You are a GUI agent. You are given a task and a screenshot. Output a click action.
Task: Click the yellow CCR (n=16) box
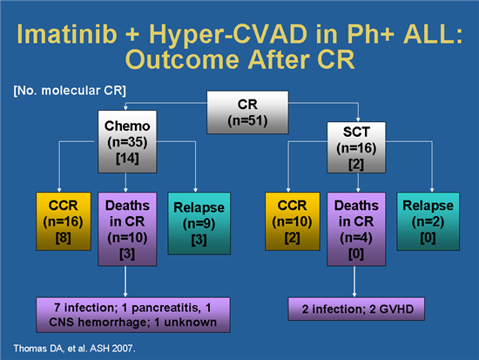click(62, 222)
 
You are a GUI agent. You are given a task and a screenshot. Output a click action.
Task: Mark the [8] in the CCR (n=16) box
click(62, 240)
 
